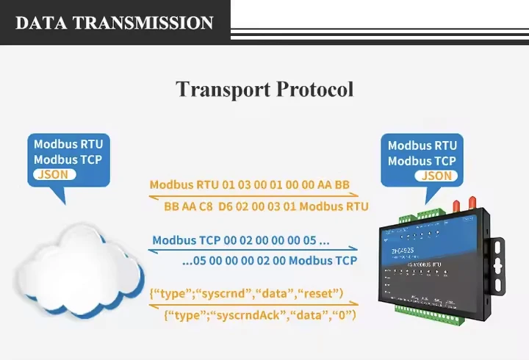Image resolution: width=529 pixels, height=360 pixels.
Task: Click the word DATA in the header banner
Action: pyautogui.click(x=41, y=22)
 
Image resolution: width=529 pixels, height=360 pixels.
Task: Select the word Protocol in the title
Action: pyautogui.click(x=314, y=90)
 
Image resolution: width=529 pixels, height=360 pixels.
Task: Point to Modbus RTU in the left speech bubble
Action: pyautogui.click(x=68, y=144)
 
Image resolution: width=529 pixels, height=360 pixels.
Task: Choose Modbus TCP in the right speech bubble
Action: pyautogui.click(x=422, y=161)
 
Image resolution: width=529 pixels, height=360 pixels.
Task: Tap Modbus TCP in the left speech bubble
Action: pyautogui.click(x=68, y=159)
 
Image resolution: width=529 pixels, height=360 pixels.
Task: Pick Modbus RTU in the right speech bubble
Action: pyautogui.click(x=422, y=145)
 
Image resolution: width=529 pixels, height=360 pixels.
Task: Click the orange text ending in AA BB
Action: pyautogui.click(x=250, y=184)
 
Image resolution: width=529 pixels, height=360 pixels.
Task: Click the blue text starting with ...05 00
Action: pyautogui.click(x=269, y=260)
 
